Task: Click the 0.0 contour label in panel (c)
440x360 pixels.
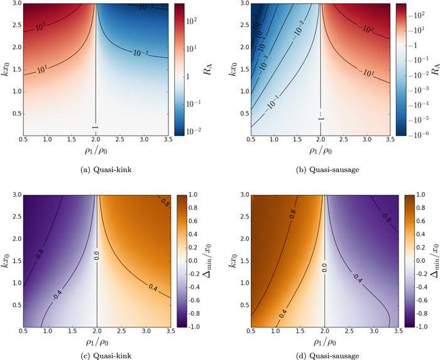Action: (x=96, y=256)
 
